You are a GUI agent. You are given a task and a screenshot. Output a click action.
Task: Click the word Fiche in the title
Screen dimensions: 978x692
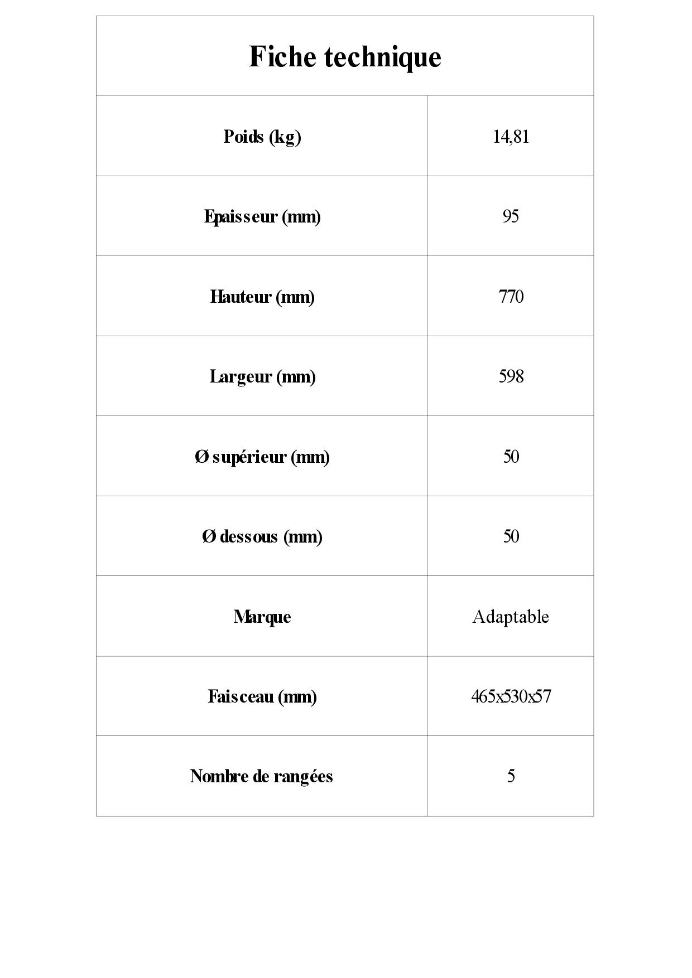coord(282,57)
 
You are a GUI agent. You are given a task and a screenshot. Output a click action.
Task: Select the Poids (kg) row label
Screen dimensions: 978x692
coord(262,137)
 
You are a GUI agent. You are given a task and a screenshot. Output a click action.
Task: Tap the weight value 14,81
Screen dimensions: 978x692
coord(511,137)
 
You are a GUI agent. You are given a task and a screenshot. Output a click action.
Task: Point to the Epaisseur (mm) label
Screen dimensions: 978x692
coord(262,216)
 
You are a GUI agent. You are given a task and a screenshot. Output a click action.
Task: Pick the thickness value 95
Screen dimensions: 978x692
coord(511,216)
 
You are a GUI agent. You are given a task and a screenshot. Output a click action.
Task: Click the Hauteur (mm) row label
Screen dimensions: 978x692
coord(262,297)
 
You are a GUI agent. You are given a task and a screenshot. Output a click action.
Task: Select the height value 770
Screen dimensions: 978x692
coord(511,297)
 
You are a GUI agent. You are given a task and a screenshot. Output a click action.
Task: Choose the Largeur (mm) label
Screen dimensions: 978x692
coord(262,376)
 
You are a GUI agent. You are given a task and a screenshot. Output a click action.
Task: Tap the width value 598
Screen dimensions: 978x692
coord(511,376)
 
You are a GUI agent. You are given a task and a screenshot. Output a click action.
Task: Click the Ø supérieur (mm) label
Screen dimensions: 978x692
coord(262,457)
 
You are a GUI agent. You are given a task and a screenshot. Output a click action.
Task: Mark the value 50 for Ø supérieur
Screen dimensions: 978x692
coord(511,457)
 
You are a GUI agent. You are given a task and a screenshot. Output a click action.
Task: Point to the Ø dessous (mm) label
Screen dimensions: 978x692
coord(262,536)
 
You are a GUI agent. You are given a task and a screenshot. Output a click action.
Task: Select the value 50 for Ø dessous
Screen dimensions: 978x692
coord(511,536)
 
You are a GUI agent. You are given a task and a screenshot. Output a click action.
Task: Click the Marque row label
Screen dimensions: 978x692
coord(262,617)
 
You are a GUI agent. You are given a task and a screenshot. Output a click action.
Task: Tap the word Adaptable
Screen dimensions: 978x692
coord(511,617)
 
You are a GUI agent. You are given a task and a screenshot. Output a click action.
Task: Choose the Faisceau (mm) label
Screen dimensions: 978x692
coord(262,696)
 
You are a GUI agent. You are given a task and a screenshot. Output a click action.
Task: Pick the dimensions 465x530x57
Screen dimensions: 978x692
coord(511,696)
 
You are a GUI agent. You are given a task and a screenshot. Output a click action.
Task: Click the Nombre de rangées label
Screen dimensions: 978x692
coord(261,776)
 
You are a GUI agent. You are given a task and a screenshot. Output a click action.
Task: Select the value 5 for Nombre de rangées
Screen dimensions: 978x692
coord(511,776)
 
